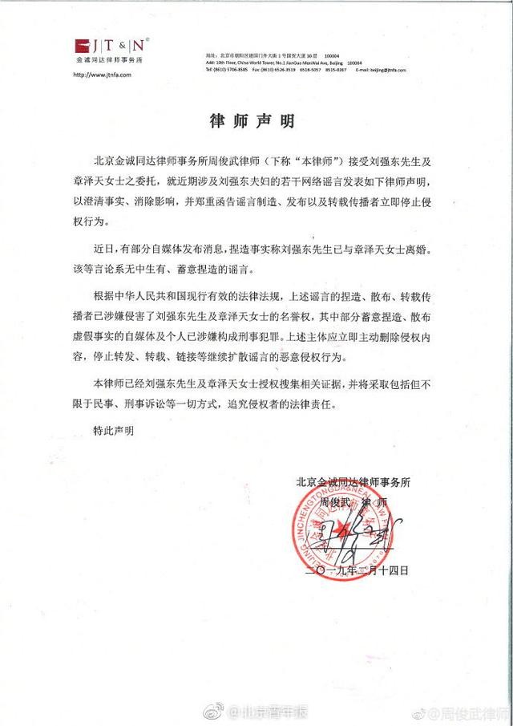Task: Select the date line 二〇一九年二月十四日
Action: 359,570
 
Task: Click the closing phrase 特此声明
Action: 112,431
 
